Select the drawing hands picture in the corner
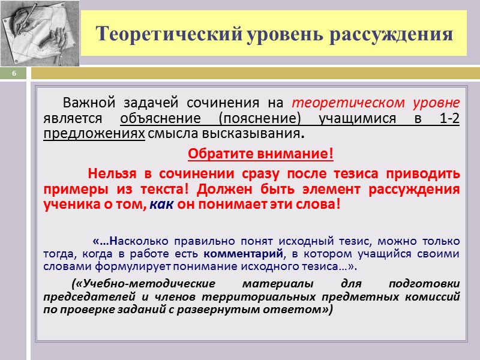pyautogui.click(x=40, y=33)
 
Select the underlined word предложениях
pyautogui.click(x=94, y=133)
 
